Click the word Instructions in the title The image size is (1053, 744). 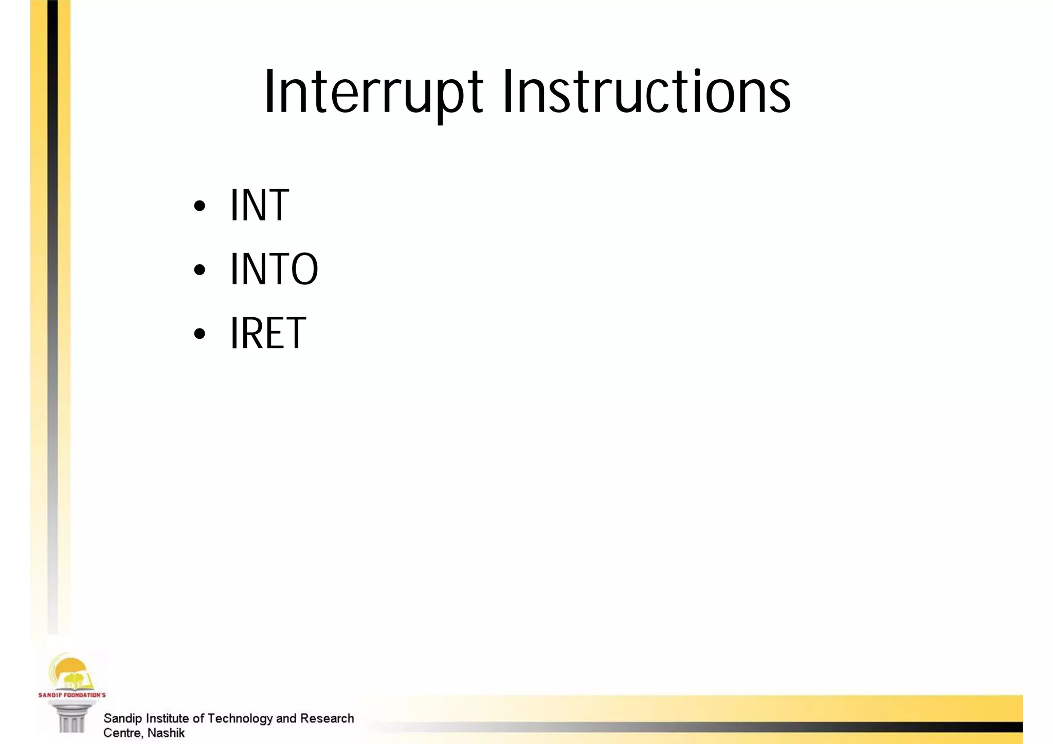click(646, 93)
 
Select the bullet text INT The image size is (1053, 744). click(259, 205)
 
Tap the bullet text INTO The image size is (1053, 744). click(274, 269)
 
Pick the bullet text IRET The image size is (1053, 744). click(267, 333)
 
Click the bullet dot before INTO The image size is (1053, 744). click(199, 270)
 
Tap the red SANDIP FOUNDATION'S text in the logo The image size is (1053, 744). click(72, 695)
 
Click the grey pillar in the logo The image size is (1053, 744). click(71, 718)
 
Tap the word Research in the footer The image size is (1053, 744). click(327, 718)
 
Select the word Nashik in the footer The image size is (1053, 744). click(166, 733)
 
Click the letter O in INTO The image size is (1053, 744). click(304, 269)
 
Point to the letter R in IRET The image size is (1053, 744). click(251, 333)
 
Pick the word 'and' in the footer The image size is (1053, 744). click(286, 718)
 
